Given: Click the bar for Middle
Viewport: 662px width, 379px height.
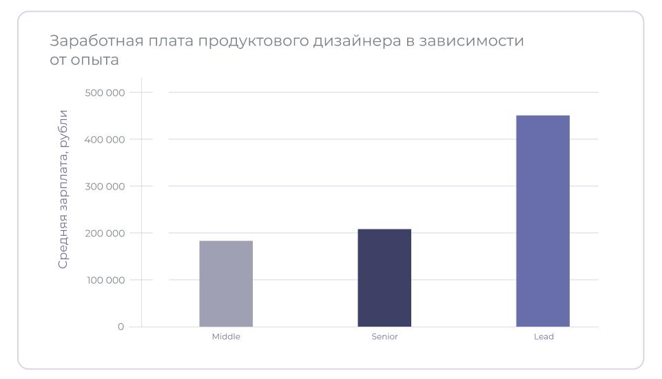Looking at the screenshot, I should click(x=226, y=283).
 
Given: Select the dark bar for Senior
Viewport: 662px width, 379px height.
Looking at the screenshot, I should click(x=384, y=278).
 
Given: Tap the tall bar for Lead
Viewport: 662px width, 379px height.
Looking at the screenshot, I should click(x=543, y=221).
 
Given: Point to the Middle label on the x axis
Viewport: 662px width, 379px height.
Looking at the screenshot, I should click(x=226, y=337).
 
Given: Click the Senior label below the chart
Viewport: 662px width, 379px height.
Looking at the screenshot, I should click(x=384, y=337).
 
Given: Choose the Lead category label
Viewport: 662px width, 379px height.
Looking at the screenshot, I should click(x=544, y=337).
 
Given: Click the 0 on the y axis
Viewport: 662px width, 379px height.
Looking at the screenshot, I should click(x=121, y=327).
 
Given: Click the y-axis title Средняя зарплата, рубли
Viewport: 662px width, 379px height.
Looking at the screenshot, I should click(x=63, y=189).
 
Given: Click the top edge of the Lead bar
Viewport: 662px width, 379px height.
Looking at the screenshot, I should click(x=543, y=116).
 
